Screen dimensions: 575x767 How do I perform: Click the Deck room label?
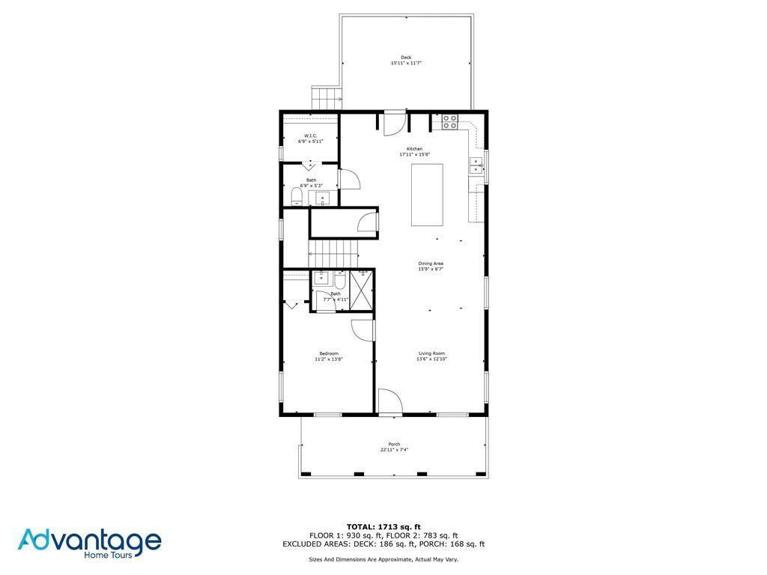[x=406, y=57]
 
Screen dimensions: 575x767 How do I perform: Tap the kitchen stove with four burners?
[x=449, y=122]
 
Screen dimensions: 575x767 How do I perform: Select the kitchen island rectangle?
[x=427, y=195]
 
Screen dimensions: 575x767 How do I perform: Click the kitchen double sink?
[x=476, y=165]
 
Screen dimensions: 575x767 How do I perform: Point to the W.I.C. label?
[x=310, y=136]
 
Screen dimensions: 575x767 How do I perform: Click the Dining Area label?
[x=431, y=264]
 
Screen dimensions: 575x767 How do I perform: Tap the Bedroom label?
[x=329, y=353]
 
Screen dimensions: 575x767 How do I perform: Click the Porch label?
[x=394, y=444]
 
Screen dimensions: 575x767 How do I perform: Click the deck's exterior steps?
[x=327, y=97]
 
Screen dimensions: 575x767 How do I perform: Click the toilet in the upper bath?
[x=296, y=197]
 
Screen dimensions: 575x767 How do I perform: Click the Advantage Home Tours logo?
[x=89, y=544]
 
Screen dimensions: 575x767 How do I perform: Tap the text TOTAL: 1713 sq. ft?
[x=383, y=526]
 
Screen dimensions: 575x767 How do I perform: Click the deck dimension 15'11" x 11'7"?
[x=406, y=64]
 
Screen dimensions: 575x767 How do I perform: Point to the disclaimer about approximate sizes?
[x=383, y=559]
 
